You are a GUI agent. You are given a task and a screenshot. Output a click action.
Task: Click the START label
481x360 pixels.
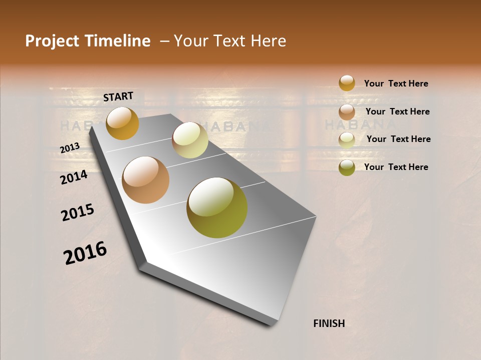tap(118, 96)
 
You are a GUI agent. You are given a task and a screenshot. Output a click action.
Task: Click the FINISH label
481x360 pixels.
tap(329, 323)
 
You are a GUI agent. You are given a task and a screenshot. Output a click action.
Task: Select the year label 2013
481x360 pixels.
tap(70, 148)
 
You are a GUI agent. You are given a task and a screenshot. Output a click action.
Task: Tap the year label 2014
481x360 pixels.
tap(74, 177)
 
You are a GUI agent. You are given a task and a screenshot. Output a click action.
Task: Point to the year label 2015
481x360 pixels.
tap(78, 212)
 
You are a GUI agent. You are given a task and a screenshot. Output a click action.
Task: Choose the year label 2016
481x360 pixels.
tap(85, 253)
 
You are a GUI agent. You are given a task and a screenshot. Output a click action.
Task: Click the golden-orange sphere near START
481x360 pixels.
tap(122, 123)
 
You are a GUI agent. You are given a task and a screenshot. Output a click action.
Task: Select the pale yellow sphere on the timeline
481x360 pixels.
tap(190, 140)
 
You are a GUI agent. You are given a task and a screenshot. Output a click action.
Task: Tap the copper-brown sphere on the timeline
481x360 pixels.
tap(145, 180)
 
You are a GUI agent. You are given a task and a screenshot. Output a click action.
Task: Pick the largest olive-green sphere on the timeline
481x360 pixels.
tap(217, 207)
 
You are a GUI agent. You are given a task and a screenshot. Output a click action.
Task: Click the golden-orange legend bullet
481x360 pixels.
tap(347, 83)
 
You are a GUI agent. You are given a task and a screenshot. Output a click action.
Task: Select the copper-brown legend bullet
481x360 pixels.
tap(347, 112)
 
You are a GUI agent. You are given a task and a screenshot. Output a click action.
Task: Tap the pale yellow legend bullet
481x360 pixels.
tap(347, 139)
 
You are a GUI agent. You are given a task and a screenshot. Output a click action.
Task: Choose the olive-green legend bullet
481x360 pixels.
tap(347, 167)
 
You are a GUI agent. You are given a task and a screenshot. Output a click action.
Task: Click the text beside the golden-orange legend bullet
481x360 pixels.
tap(396, 83)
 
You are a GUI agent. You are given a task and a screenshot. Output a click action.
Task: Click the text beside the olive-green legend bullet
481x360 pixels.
tap(396, 167)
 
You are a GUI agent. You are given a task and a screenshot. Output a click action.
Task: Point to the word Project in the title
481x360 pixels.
tap(52, 41)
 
